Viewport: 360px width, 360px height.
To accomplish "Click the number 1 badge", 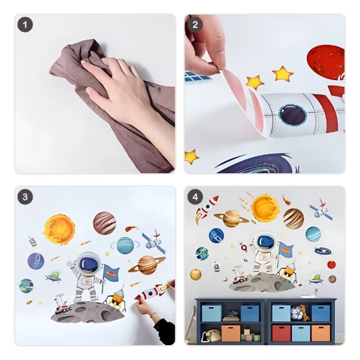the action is coord(25,25).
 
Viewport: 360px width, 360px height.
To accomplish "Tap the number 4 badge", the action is coord(195,197).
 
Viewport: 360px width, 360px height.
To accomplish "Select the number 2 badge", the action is coord(195,25).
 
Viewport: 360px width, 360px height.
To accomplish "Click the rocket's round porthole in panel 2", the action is coord(293,115).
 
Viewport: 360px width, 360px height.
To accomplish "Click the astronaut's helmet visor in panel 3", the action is coord(89,263).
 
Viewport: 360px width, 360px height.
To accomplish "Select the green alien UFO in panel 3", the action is coord(53,276).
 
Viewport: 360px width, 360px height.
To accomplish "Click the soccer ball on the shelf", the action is coord(296,313).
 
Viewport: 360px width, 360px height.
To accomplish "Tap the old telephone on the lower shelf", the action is coord(211,335).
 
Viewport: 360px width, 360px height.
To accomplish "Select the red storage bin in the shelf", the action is coord(281,333).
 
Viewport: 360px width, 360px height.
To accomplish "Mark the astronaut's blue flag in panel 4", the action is coord(286,250).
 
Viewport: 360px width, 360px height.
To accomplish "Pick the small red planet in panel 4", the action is coord(331,265).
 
